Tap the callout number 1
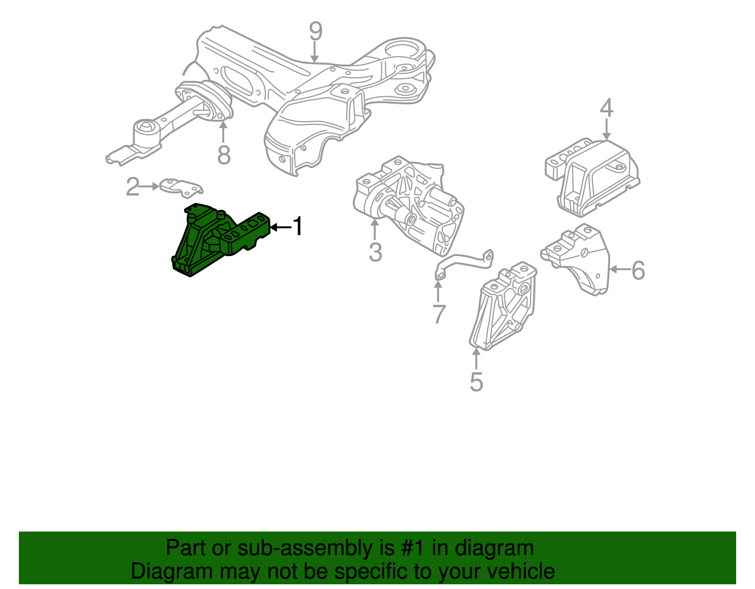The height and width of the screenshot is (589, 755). [298, 227]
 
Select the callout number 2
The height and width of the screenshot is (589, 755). [133, 187]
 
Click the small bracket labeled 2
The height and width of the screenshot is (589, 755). [181, 186]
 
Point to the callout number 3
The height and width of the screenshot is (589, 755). [375, 252]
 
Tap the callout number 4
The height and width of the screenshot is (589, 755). [606, 108]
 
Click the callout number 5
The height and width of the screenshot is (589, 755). [477, 382]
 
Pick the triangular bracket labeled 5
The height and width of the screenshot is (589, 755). [505, 307]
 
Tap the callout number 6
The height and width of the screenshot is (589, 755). [638, 271]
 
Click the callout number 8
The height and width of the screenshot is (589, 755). [224, 155]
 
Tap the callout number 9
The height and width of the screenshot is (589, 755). [315, 32]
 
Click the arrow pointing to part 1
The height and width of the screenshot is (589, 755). [281, 227]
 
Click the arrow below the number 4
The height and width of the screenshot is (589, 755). [606, 129]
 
